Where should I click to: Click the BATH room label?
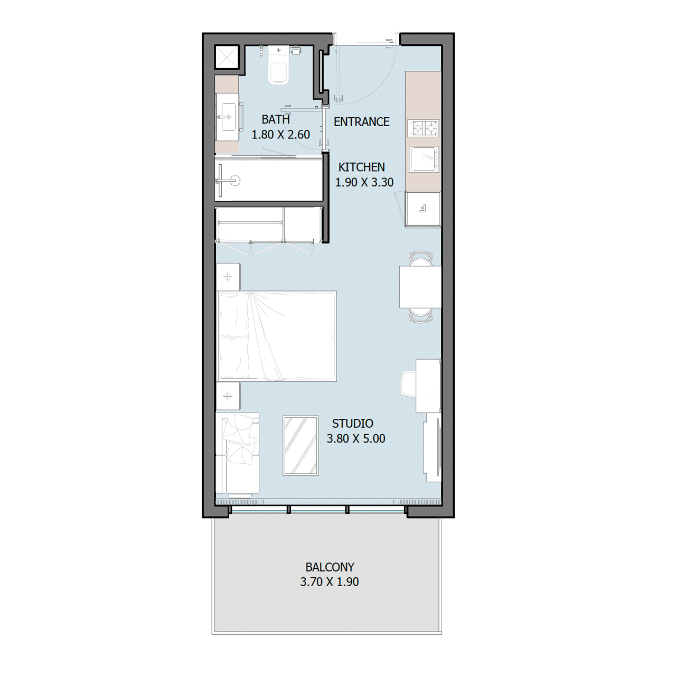click(x=276, y=120)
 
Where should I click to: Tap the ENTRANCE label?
click(x=361, y=122)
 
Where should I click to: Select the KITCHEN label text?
click(x=361, y=167)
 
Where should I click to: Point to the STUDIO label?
click(x=353, y=424)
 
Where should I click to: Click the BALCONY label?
click(x=330, y=567)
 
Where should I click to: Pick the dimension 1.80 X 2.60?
click(x=281, y=135)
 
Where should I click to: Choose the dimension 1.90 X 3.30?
click(x=364, y=182)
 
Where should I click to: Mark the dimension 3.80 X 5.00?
click(x=356, y=438)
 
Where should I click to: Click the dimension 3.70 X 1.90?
click(x=330, y=582)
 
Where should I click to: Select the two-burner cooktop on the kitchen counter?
click(x=423, y=128)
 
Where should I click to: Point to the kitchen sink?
click(x=424, y=159)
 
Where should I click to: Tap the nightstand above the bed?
click(x=228, y=277)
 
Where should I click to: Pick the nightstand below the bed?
click(x=228, y=396)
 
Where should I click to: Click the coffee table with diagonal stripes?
click(x=301, y=446)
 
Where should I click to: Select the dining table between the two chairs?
click(x=420, y=287)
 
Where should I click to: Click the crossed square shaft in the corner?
click(x=227, y=57)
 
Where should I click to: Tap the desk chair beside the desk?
click(x=409, y=385)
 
